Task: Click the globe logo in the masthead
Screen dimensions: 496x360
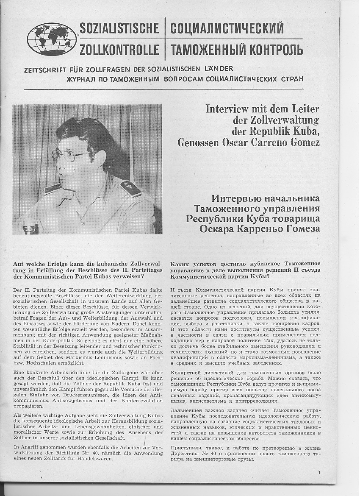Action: click(x=52, y=39)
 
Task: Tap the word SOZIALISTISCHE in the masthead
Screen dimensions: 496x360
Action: click(x=119, y=29)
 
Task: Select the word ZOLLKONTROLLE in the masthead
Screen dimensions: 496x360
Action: click(x=119, y=50)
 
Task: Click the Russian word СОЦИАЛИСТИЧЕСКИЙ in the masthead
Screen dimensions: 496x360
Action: click(x=227, y=29)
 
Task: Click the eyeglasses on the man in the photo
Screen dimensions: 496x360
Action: click(x=68, y=155)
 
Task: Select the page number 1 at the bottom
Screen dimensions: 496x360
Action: click(x=319, y=472)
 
